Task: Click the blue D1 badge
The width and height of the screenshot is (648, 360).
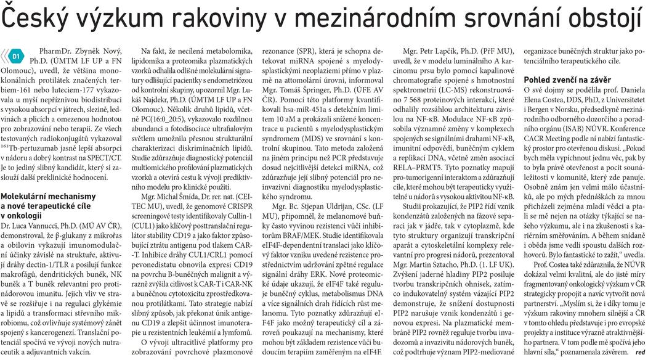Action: point(16,56)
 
